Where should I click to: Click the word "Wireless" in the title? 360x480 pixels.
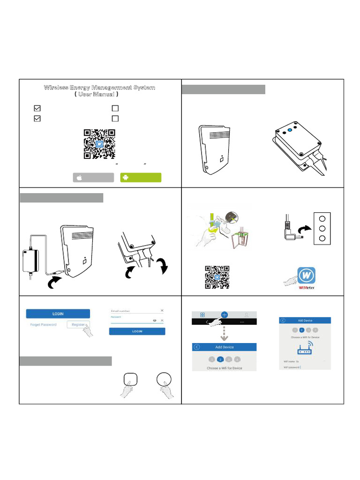[x=55, y=88]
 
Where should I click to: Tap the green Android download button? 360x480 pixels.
[x=141, y=178]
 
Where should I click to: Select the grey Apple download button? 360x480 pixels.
[x=93, y=178]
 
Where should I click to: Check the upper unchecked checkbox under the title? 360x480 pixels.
[x=115, y=108]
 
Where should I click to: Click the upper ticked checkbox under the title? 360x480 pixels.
[x=37, y=108]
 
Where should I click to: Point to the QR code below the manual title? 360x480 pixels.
[x=99, y=144]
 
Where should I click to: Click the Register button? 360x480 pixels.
[x=78, y=324]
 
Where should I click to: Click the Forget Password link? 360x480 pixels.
[x=43, y=324]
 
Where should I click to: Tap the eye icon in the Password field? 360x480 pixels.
[x=154, y=320]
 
